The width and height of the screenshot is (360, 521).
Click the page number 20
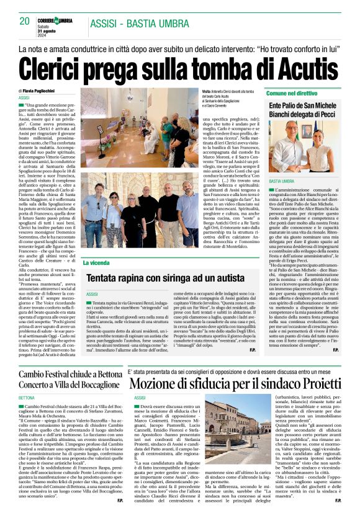pos(24,21)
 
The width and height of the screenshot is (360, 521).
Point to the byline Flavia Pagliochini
pos(49,91)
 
